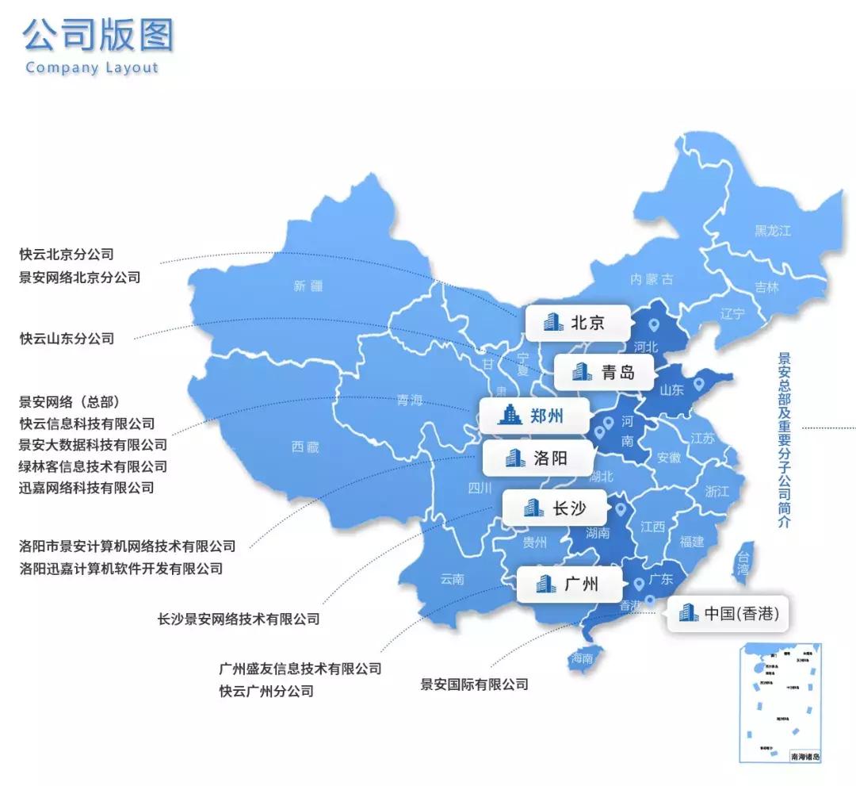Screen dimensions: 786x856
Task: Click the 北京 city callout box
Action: [577, 323]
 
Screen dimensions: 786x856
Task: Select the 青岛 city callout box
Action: [604, 372]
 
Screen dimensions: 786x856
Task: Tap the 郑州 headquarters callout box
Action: [533, 415]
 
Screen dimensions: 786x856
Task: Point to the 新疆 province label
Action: [308, 286]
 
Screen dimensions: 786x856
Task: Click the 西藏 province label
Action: [305, 447]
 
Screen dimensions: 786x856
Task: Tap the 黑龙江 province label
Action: [772, 231]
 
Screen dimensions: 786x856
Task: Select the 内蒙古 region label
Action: [652, 278]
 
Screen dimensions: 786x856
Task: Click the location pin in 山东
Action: [698, 385]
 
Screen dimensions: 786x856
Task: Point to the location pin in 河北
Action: [653, 324]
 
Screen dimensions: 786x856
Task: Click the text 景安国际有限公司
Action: [474, 684]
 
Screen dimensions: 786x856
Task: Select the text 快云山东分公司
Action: [67, 339]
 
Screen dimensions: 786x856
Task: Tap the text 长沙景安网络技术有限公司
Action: [239, 619]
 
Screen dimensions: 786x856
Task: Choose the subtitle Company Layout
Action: [92, 67]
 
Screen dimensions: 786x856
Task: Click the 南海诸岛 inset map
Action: [780, 702]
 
